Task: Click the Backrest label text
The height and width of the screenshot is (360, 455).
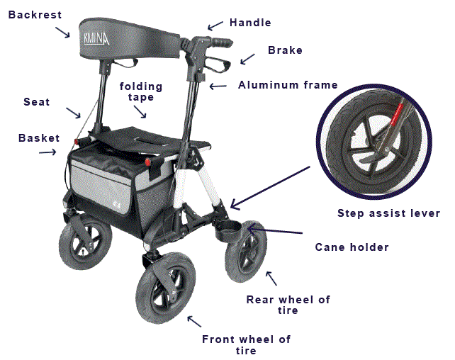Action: [35, 15]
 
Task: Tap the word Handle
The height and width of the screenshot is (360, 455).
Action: [250, 23]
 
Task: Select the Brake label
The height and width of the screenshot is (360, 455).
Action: [285, 50]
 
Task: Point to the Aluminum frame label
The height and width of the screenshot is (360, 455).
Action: [288, 85]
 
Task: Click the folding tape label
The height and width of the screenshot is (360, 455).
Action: [141, 92]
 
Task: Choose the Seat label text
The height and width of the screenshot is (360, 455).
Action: [37, 102]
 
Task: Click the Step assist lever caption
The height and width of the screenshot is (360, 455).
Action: [388, 213]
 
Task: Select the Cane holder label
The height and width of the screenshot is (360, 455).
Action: [352, 247]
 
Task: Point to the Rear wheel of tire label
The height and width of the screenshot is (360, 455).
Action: [288, 305]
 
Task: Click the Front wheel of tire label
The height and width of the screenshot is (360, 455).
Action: [246, 344]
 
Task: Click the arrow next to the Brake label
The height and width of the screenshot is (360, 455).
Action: [246, 61]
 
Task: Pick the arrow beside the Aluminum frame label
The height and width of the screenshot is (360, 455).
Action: [218, 86]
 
